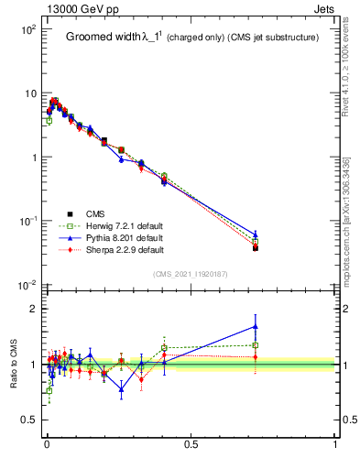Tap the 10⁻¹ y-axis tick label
click(26, 222)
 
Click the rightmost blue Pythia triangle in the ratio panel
click(256, 325)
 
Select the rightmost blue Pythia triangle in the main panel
click(256, 234)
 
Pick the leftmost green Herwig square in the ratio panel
click(49, 390)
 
